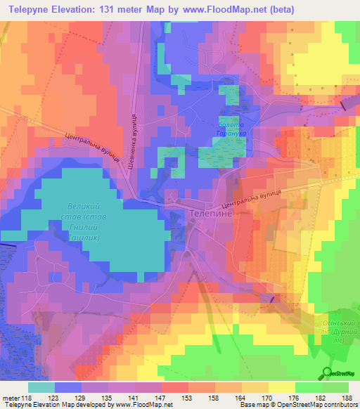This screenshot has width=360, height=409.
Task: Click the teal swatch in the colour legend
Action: [41, 387]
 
